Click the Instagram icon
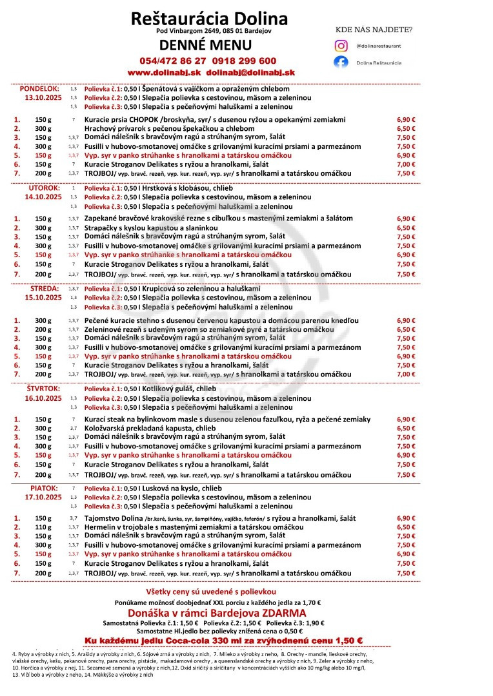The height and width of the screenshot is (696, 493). click(x=341, y=46)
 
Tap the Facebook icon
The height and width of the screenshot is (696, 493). click(x=341, y=63)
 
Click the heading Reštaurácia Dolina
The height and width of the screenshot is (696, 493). click(x=209, y=18)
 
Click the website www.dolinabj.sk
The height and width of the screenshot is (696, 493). click(x=165, y=73)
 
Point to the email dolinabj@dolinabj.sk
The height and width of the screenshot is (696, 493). click(x=250, y=73)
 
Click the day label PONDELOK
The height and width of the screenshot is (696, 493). click(x=39, y=88)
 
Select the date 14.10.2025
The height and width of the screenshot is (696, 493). click(x=43, y=197)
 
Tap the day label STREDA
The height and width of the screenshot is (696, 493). click(x=44, y=289)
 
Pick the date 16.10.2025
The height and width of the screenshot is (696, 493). click(x=43, y=398)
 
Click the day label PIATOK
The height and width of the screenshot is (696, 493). click(x=43, y=488)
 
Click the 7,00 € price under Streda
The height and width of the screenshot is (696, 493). click(x=406, y=374)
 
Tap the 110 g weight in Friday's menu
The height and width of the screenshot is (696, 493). click(x=43, y=527)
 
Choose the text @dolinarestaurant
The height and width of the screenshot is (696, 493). click(x=379, y=46)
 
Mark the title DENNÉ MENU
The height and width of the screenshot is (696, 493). click(x=206, y=45)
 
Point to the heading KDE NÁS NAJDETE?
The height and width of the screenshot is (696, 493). click(x=374, y=30)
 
